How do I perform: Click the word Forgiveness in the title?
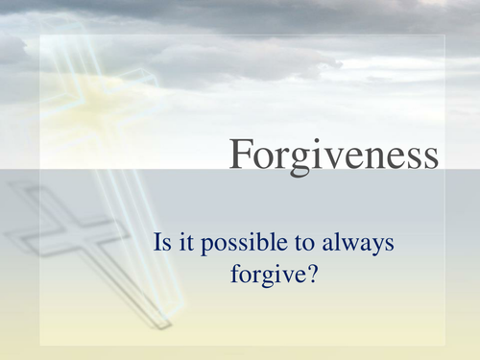click(x=335, y=154)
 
